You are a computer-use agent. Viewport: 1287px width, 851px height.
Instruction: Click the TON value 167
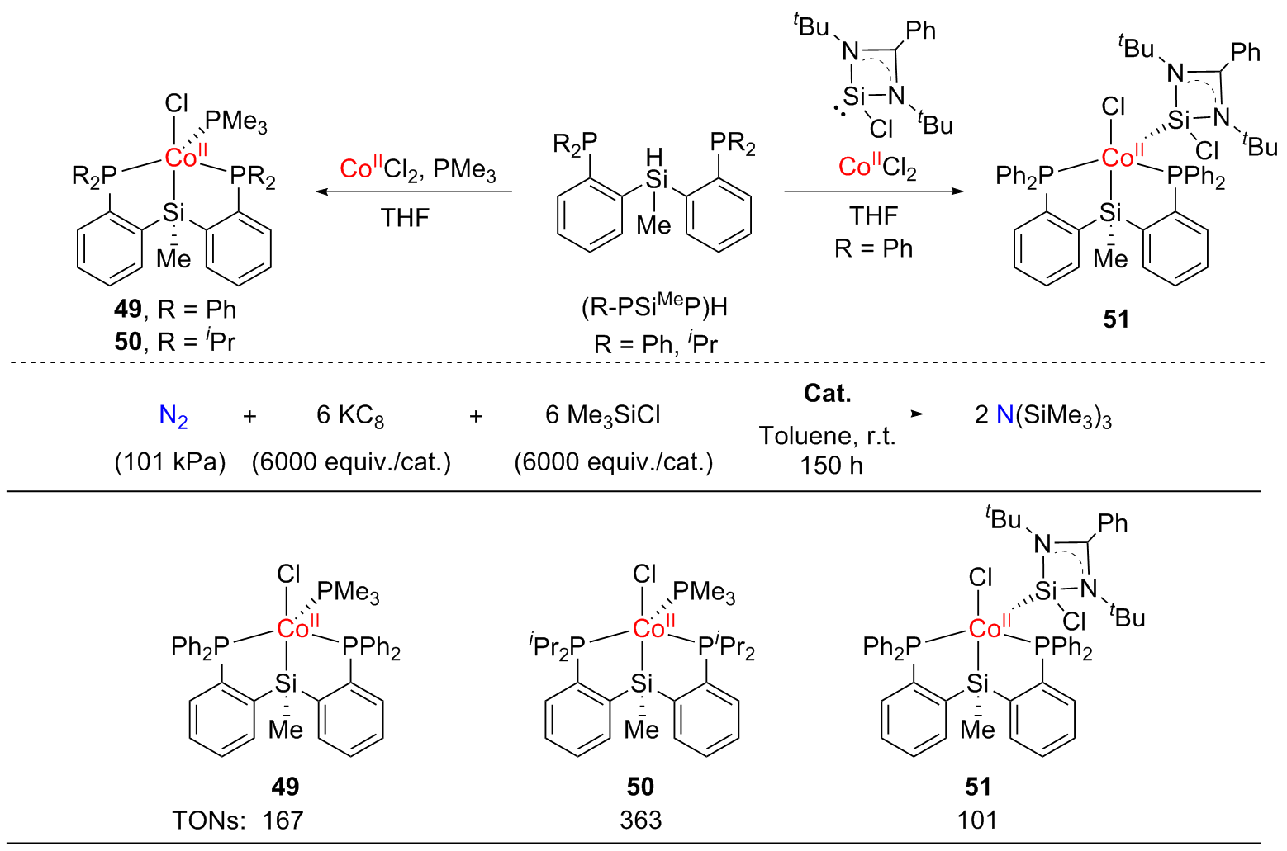(x=283, y=820)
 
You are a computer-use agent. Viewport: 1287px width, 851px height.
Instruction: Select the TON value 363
(x=641, y=820)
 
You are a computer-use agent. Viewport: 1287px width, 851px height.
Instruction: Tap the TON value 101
(x=977, y=820)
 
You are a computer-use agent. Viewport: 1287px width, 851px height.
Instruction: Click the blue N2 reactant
(x=173, y=416)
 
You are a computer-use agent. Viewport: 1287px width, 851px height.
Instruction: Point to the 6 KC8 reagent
(x=350, y=416)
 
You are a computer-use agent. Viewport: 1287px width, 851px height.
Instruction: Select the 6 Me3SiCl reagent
(x=603, y=415)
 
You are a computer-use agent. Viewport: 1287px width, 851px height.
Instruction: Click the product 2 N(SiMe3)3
(x=1042, y=416)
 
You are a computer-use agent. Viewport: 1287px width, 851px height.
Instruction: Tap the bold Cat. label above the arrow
(x=828, y=394)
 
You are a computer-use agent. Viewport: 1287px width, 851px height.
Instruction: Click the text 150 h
(x=831, y=466)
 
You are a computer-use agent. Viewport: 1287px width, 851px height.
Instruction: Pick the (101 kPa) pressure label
(x=170, y=462)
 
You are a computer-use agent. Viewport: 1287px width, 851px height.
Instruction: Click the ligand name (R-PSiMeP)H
(x=654, y=306)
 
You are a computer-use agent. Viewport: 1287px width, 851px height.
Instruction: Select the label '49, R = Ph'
(x=175, y=310)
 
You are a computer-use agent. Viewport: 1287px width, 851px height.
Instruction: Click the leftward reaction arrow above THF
(x=414, y=191)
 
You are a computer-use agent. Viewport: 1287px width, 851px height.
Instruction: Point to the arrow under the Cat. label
(x=828, y=414)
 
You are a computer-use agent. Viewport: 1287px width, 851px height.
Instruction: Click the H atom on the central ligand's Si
(x=654, y=157)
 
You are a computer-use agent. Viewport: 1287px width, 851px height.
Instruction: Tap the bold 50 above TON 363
(x=640, y=787)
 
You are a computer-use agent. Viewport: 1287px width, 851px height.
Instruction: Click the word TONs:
(x=209, y=820)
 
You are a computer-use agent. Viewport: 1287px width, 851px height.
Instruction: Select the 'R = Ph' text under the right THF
(x=873, y=248)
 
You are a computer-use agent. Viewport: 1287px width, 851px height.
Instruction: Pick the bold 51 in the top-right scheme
(x=1116, y=319)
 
